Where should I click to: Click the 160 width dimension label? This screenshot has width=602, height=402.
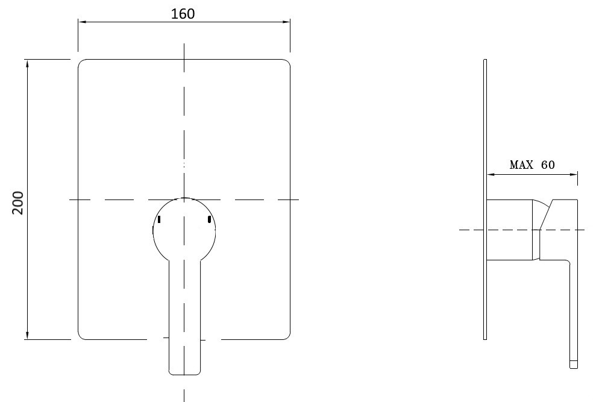click(x=183, y=14)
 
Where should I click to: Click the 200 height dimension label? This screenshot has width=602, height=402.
click(x=17, y=203)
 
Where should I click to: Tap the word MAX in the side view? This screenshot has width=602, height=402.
click(x=521, y=165)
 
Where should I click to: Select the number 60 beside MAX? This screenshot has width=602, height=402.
click(x=548, y=165)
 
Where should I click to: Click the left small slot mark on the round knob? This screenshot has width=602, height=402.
click(x=159, y=219)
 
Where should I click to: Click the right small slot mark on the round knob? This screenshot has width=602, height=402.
click(x=209, y=219)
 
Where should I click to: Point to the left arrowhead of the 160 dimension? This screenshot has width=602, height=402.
click(x=82, y=22)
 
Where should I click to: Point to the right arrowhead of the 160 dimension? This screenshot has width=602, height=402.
click(x=286, y=22)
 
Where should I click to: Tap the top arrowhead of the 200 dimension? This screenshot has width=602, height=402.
click(x=27, y=63)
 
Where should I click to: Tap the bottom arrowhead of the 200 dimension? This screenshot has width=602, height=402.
click(x=27, y=336)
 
